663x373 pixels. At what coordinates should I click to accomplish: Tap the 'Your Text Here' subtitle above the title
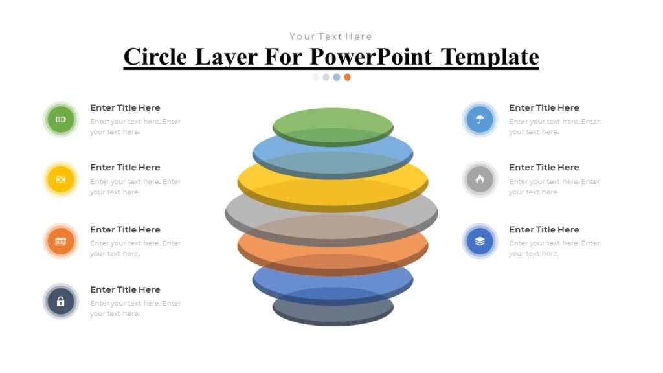(x=331, y=36)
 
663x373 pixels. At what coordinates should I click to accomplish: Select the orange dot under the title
(x=348, y=77)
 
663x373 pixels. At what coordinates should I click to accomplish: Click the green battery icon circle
(x=61, y=119)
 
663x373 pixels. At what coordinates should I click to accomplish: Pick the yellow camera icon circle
(x=61, y=179)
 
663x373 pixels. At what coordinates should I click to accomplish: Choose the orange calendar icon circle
(x=61, y=242)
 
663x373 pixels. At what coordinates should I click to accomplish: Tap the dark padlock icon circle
(x=61, y=301)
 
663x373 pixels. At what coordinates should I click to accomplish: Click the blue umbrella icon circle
(x=480, y=119)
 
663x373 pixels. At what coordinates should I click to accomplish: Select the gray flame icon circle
(x=480, y=179)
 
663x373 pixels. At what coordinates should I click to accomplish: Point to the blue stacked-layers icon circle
(x=480, y=242)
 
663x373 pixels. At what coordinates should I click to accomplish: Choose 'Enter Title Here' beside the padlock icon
(x=125, y=289)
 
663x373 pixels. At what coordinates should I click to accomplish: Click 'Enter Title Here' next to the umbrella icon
(x=544, y=107)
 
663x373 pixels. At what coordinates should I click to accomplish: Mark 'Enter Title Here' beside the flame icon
(x=544, y=167)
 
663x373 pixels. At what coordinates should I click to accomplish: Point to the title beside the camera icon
(x=125, y=167)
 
